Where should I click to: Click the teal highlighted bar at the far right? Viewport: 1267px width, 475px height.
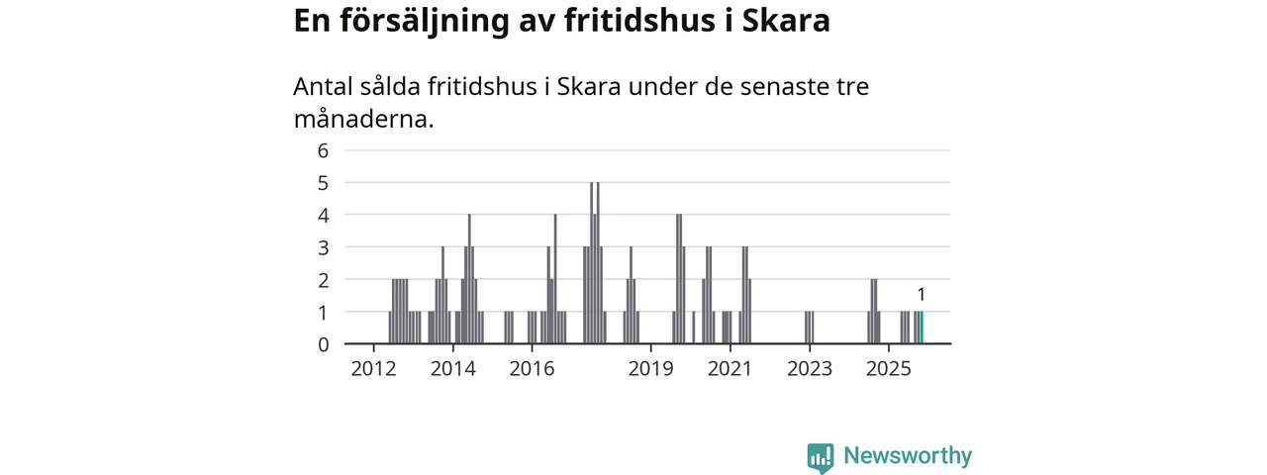click(922, 328)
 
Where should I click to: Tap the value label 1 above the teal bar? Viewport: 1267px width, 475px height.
click(922, 294)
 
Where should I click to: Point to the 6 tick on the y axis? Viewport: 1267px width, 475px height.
click(322, 150)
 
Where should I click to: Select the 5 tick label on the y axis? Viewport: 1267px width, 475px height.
click(322, 183)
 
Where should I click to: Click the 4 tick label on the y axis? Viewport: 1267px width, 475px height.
click(322, 215)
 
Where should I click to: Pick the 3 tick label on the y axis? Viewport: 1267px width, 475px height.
click(322, 247)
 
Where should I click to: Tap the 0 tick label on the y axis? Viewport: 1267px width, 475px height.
click(322, 344)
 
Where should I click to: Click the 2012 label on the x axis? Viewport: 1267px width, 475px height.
click(374, 370)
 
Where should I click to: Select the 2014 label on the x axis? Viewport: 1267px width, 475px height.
click(453, 370)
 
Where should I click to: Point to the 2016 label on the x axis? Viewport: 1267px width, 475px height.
click(533, 370)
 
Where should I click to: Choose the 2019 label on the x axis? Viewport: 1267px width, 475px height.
click(651, 370)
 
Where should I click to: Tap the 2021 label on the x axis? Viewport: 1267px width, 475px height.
click(731, 370)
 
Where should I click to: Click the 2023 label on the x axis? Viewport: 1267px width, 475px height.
click(810, 370)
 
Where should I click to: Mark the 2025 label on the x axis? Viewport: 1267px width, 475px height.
click(889, 370)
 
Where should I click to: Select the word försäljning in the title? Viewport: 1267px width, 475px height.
click(420, 22)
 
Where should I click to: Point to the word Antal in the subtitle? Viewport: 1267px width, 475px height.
click(324, 86)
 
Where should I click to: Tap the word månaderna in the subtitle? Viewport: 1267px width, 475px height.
click(363, 120)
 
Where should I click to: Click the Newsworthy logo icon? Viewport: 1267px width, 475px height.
click(820, 456)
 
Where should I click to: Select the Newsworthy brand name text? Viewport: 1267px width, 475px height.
click(908, 456)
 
